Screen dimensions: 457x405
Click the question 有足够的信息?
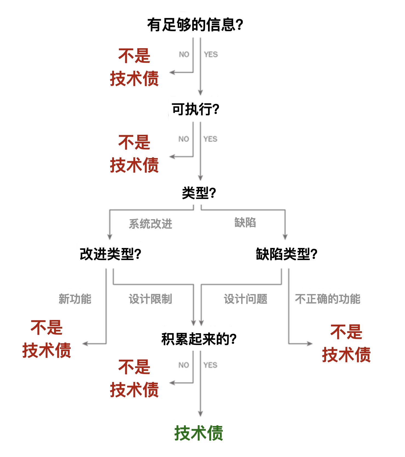[195, 25]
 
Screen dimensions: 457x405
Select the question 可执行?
[195, 109]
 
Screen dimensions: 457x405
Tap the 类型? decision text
[199, 193]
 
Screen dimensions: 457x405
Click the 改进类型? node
[110, 254]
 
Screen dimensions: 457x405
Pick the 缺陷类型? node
[286, 254]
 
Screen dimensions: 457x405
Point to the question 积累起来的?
[199, 339]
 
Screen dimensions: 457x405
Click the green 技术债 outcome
[199, 433]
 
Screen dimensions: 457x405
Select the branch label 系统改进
[150, 224]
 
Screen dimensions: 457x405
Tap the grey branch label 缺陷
[245, 222]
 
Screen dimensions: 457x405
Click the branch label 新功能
[75, 299]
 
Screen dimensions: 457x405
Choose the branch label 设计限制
[150, 299]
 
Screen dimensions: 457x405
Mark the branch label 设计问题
[246, 299]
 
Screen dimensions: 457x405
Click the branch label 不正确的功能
[327, 299]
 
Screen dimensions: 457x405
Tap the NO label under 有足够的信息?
[184, 55]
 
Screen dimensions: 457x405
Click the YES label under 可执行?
[210, 139]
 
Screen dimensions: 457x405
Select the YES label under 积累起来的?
[210, 365]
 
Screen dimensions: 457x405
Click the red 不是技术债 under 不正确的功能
[346, 343]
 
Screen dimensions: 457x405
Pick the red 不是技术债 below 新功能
[47, 339]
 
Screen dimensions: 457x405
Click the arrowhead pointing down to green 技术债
[200, 414]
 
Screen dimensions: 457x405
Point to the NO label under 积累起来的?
[184, 365]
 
